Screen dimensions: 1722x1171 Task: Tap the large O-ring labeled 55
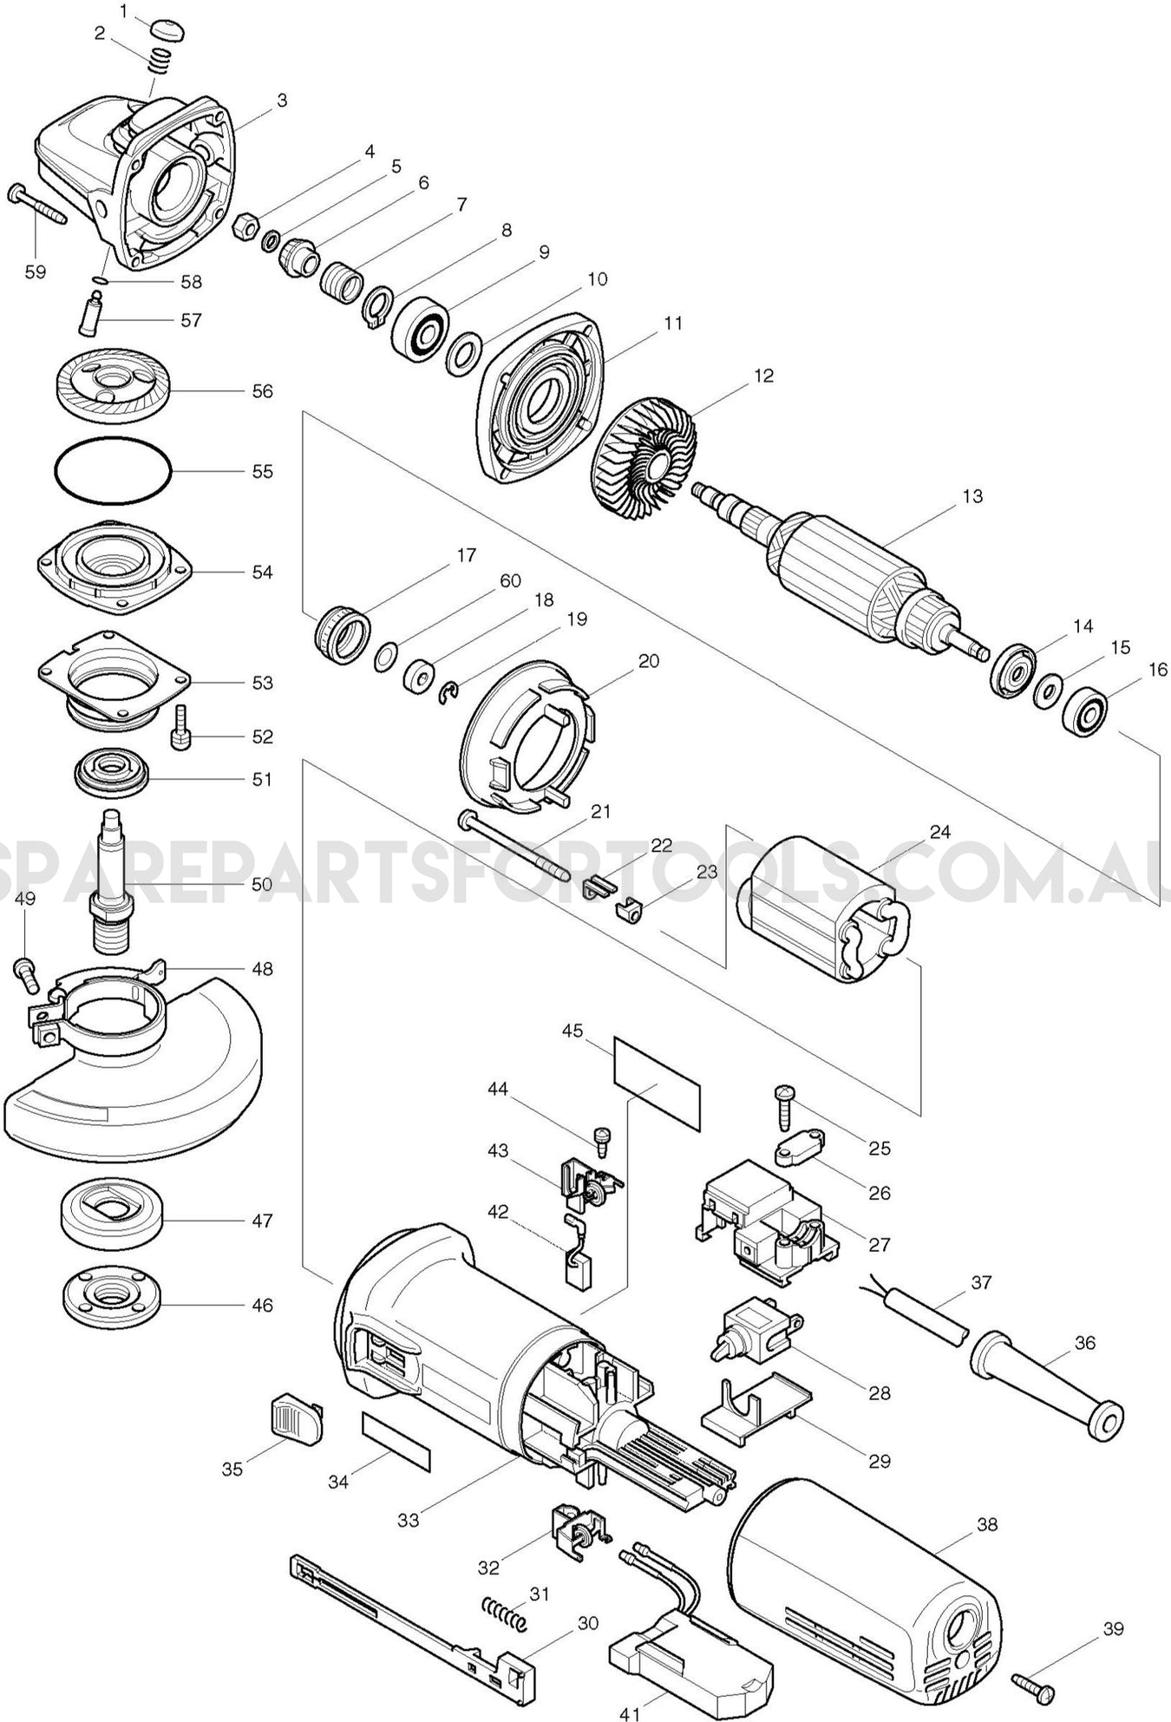pos(113,472)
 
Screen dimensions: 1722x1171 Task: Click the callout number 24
pos(939,832)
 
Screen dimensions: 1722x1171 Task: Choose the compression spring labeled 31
pos(504,1610)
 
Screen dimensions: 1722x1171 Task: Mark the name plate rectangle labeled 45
pos(657,1082)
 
